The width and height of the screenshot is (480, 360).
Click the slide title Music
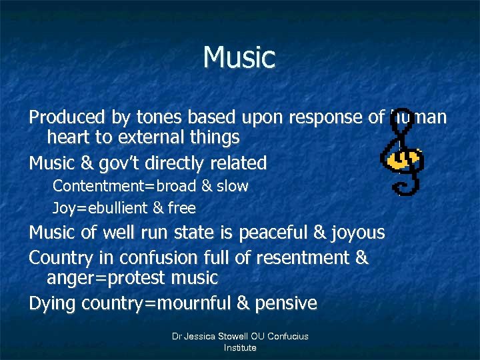pyautogui.click(x=239, y=57)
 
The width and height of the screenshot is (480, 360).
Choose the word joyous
pyautogui.click(x=358, y=233)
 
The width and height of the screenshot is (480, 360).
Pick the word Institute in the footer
pyautogui.click(x=240, y=347)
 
